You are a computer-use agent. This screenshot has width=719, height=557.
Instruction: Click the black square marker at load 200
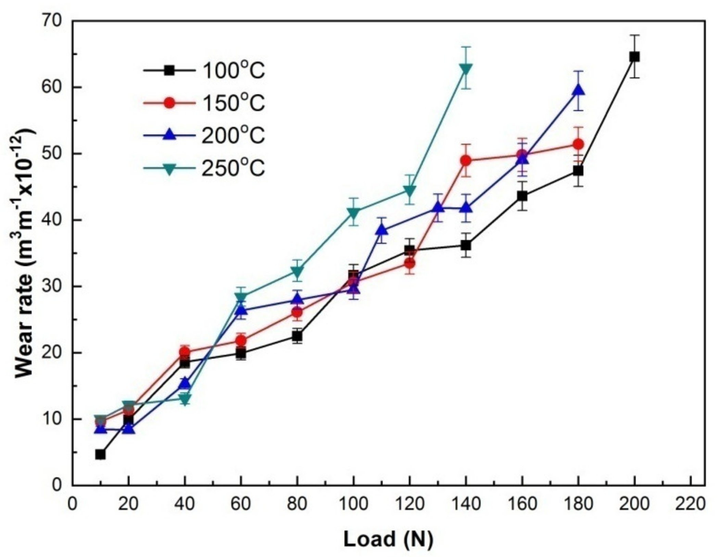(634, 57)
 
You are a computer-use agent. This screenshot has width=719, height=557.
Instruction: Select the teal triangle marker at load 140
(466, 68)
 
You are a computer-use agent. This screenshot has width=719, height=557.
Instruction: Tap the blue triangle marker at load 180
(578, 91)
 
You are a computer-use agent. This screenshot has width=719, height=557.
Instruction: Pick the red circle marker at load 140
(466, 160)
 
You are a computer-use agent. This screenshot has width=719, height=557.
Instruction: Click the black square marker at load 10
(100, 455)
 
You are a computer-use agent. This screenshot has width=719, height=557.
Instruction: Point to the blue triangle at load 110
(381, 230)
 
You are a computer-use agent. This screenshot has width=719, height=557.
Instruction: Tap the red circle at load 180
(578, 144)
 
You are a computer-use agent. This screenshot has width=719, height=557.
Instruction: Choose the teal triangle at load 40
(185, 399)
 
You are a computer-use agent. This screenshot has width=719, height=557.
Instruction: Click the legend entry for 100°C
(233, 71)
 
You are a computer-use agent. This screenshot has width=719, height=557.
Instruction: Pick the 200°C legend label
(233, 135)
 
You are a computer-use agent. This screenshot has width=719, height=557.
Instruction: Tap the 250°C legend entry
(233, 168)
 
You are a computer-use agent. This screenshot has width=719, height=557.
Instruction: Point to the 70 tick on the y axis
(52, 21)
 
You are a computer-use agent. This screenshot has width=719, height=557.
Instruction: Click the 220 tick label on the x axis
(690, 504)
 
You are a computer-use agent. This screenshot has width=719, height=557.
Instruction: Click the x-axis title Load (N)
(388, 540)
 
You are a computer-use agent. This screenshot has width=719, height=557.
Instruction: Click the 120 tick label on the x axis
(409, 504)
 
